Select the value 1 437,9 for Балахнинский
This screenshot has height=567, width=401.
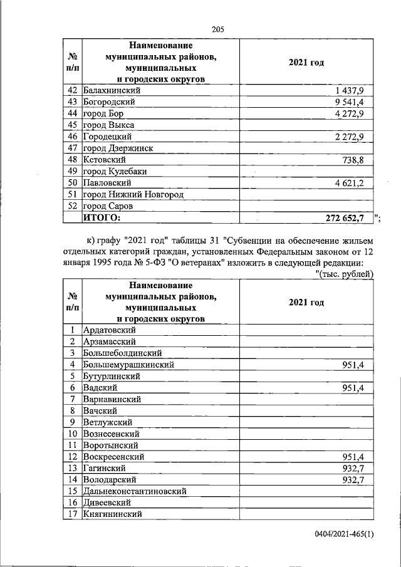[355, 90]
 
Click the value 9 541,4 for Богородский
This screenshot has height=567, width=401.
[355, 101]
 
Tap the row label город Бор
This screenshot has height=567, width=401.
[104, 113]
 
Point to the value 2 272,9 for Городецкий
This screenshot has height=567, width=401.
[355, 137]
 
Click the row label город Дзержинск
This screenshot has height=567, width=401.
[118, 148]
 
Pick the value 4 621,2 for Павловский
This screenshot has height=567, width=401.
[355, 183]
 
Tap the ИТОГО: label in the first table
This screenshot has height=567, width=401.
[102, 217]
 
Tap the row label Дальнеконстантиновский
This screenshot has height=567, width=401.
[134, 491]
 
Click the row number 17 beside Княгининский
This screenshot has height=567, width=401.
[73, 514]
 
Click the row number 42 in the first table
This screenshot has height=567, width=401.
[73, 90]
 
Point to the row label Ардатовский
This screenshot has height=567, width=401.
[110, 330]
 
